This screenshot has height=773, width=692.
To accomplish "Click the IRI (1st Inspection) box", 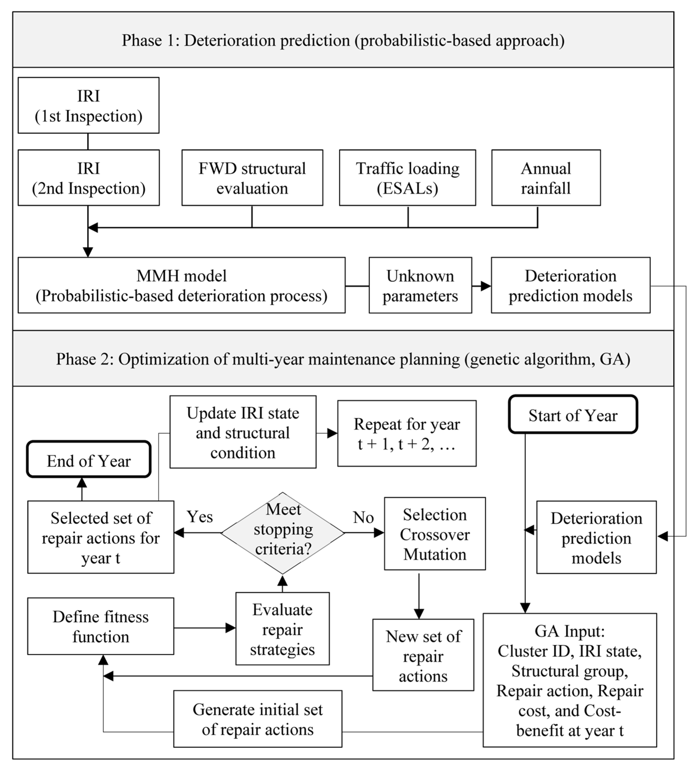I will pyautogui.click(x=88, y=105).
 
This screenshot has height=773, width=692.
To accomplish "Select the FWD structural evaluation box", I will pyautogui.click(x=252, y=178).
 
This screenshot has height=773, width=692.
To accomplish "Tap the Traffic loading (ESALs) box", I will pyautogui.click(x=407, y=178).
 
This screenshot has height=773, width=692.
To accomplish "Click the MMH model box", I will pyautogui.click(x=181, y=285).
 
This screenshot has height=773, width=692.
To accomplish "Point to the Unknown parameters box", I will pyautogui.click(x=420, y=285).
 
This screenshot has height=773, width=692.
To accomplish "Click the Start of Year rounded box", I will pyautogui.click(x=573, y=414).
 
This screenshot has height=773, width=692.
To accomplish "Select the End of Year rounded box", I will pyautogui.click(x=89, y=460).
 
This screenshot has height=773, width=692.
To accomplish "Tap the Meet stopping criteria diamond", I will pyautogui.click(x=283, y=533).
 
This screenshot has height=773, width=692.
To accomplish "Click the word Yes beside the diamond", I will pyautogui.click(x=200, y=517).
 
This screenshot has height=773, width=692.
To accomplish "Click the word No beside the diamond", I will pyautogui.click(x=363, y=518).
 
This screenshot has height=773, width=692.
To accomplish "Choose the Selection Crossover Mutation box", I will pyautogui.click(x=435, y=534).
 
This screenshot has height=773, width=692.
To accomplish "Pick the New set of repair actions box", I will pyautogui.click(x=423, y=656).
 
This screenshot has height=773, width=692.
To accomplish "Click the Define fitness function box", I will pyautogui.click(x=100, y=626).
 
